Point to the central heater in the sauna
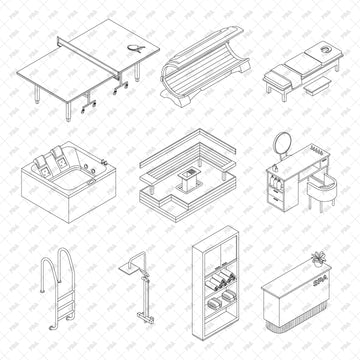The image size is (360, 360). click(x=187, y=182)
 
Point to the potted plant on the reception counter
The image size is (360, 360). click(x=318, y=259)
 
